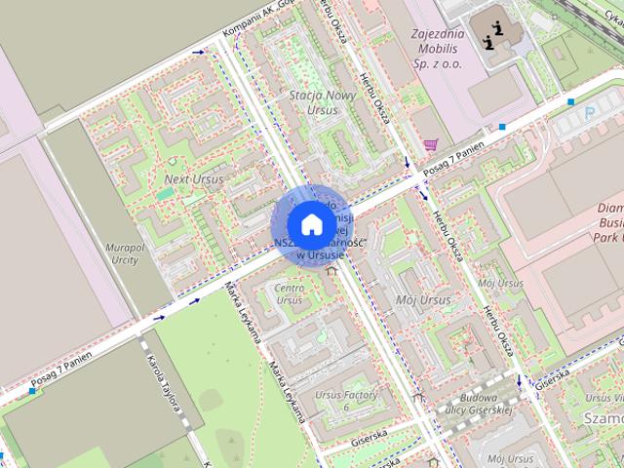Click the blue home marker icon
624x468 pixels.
pyautogui.click(x=311, y=224)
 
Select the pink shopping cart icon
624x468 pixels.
pyautogui.click(x=431, y=144)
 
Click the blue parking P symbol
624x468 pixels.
pyautogui.click(x=588, y=114)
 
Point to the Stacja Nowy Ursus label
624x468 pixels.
pyautogui.click(x=314, y=102)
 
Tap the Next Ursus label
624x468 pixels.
pyautogui.click(x=193, y=179)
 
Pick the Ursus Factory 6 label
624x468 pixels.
pyautogui.click(x=345, y=399)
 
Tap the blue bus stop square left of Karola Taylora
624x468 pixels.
pyautogui.click(x=33, y=391)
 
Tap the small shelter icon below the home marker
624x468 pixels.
pyautogui.click(x=331, y=271)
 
